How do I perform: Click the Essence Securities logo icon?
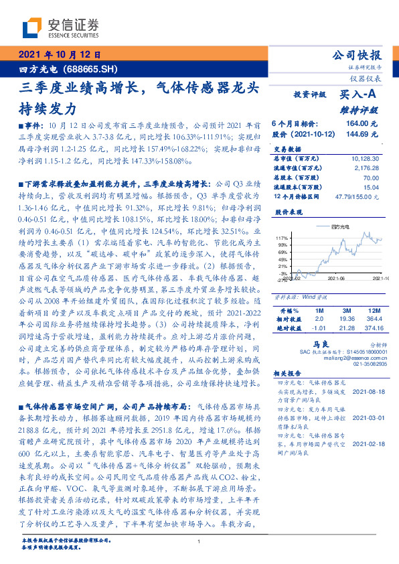(x=33, y=27)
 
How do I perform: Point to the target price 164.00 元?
(x=362, y=124)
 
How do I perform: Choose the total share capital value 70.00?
(x=371, y=179)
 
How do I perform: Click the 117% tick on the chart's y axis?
(x=282, y=238)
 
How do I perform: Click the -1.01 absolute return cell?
(x=318, y=329)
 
